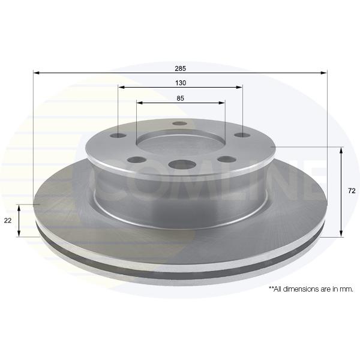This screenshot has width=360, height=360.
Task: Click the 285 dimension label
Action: click(180, 68)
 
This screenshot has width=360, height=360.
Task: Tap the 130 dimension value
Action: click(181, 83)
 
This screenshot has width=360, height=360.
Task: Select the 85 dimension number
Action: click(180, 98)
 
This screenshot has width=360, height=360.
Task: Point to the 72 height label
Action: click(352, 191)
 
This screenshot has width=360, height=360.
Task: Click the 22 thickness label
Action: click(8, 220)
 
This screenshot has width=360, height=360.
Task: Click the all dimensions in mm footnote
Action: click(311, 289)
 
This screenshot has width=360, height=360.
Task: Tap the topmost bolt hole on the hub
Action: click(181, 123)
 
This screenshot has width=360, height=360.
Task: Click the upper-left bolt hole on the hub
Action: click(118, 136)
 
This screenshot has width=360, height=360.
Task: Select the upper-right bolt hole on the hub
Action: click(243, 135)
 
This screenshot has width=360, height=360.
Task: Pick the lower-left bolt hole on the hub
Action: click(137, 160)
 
